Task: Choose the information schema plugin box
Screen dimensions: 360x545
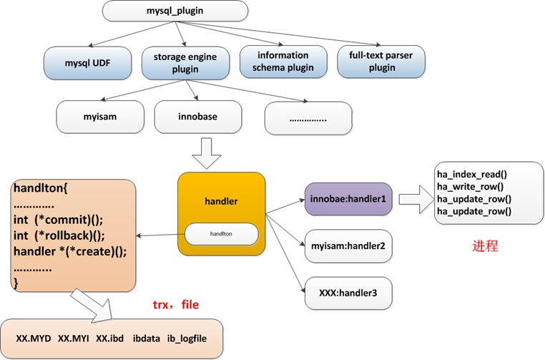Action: (284, 62)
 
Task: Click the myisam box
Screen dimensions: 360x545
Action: (98, 115)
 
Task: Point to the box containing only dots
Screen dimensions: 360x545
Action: (308, 116)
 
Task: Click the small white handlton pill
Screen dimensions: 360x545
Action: (221, 233)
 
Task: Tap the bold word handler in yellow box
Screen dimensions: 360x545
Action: (220, 202)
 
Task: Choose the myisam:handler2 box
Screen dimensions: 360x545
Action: (348, 245)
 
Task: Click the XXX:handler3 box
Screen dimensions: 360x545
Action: (348, 293)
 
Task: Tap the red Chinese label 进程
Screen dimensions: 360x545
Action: (485, 245)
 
